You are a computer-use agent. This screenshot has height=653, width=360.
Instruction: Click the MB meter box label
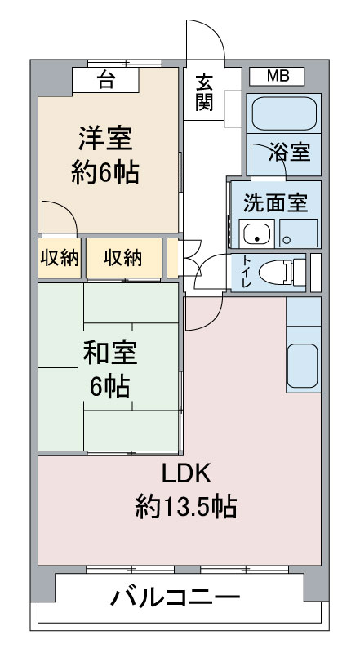[x=278, y=76]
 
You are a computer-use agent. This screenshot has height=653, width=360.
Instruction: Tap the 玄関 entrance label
[x=204, y=92]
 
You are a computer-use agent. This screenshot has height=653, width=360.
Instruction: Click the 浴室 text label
[x=289, y=152]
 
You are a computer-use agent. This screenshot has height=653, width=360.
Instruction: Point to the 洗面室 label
[x=275, y=202]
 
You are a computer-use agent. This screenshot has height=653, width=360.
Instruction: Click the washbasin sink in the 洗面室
[x=256, y=233]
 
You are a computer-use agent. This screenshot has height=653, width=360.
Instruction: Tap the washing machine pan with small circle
[x=298, y=233]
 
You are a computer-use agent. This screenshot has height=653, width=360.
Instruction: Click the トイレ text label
[x=247, y=273]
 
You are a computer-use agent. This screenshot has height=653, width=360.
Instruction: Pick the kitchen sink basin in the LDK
[x=303, y=366]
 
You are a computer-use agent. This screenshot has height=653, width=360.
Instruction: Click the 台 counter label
[x=106, y=80]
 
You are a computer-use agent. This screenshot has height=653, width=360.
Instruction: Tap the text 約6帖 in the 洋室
[x=105, y=172]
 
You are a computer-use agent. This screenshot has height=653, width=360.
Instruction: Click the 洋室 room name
[x=106, y=139]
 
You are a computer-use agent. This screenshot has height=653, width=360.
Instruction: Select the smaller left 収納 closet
[x=60, y=258]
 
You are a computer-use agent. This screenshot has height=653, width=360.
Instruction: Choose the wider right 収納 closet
[x=124, y=258]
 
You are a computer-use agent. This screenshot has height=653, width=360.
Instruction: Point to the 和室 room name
[x=109, y=352]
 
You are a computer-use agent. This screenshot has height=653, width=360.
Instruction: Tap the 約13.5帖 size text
[x=186, y=506]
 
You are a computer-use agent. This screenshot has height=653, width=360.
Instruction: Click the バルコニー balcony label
[x=176, y=598]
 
